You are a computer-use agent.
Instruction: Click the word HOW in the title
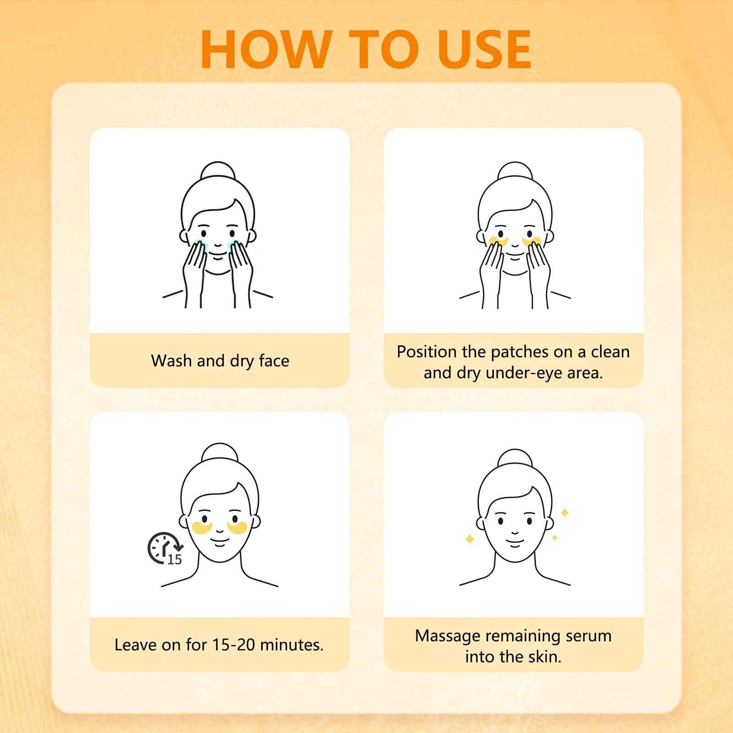point(266,49)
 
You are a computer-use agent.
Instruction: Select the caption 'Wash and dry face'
point(220,361)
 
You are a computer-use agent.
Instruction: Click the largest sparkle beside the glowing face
point(565,513)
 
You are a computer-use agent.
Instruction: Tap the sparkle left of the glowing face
point(470,539)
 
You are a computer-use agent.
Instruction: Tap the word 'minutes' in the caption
point(292,645)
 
